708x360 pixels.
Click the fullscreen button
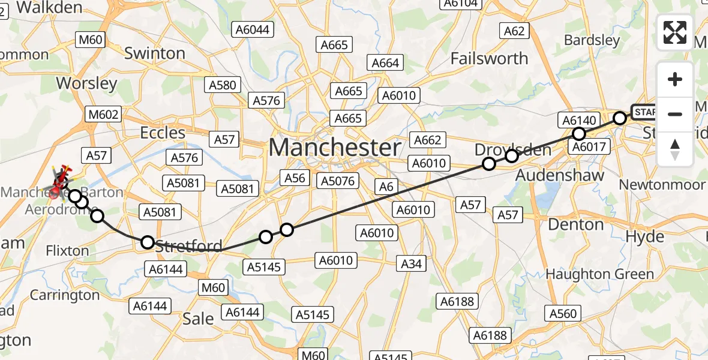click(675, 32)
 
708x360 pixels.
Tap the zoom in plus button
click(675, 79)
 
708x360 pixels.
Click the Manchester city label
click(335, 147)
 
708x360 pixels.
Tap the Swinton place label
click(154, 53)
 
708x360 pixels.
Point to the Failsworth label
click(489, 59)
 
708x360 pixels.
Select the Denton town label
click(576, 225)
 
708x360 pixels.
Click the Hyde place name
click(644, 236)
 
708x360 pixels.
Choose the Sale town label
click(198, 319)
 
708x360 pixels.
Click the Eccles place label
click(162, 132)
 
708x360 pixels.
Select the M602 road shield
click(103, 114)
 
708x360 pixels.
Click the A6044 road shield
click(254, 29)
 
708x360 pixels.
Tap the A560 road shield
click(562, 313)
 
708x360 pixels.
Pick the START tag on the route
click(646, 112)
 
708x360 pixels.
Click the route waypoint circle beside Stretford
click(148, 242)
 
